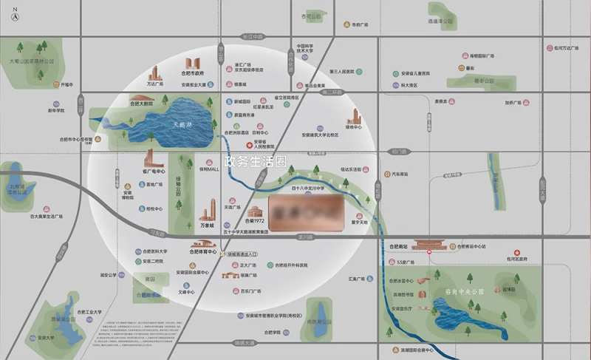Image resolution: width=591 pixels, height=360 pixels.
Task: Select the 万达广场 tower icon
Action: (156, 72)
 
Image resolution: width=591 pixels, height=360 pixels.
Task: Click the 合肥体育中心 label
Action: (202, 252)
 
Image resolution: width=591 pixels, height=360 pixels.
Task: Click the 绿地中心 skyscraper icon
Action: (356, 118)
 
